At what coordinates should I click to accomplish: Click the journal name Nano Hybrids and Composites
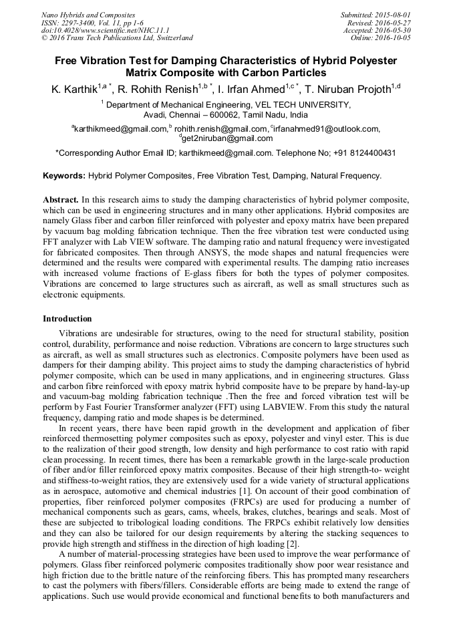[88, 15]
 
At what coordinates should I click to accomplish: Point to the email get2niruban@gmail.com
[228, 138]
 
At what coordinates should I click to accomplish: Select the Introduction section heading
[67, 319]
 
